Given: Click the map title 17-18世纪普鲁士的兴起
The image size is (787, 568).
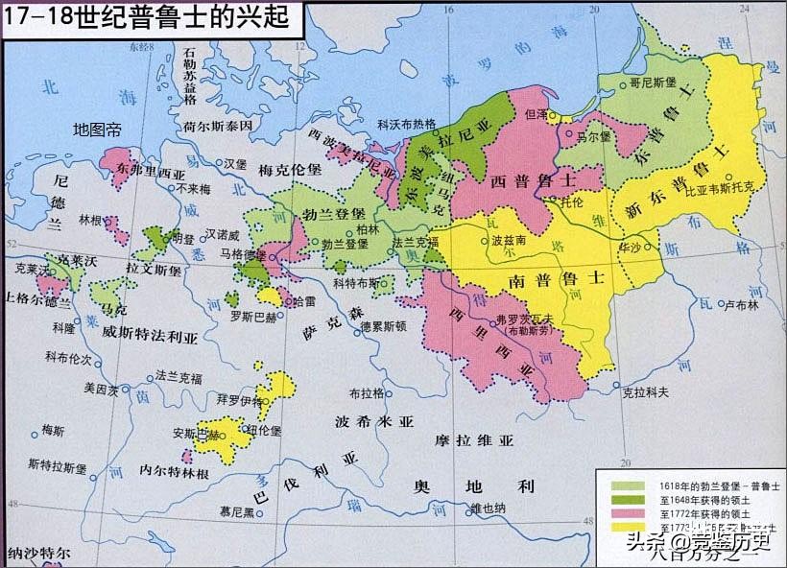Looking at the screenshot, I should point(145,17).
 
